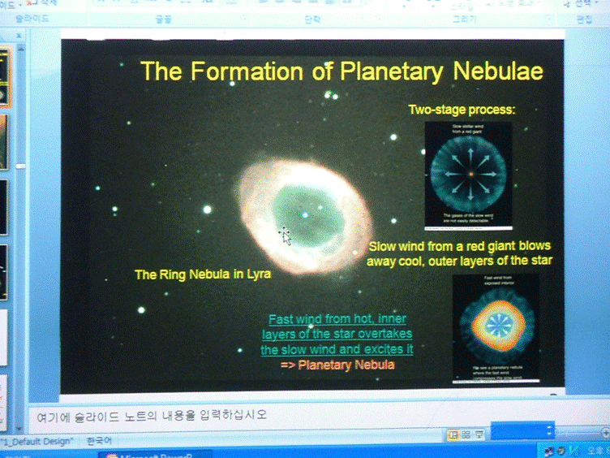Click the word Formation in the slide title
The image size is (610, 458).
(247, 71)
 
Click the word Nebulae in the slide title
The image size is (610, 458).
(497, 71)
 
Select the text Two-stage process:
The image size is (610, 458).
(462, 110)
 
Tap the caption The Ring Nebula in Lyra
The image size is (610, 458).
(203, 274)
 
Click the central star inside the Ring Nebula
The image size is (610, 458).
(305, 214)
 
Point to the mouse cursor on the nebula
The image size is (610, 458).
(285, 235)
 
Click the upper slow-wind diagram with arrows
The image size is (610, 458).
(468, 174)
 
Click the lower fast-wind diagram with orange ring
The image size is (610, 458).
(494, 328)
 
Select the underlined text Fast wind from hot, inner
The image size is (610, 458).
(337, 319)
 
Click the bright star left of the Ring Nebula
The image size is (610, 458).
(207, 210)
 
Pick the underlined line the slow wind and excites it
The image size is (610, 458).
(337, 350)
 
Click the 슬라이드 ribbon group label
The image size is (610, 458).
(32, 17)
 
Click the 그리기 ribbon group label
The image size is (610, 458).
(464, 17)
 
